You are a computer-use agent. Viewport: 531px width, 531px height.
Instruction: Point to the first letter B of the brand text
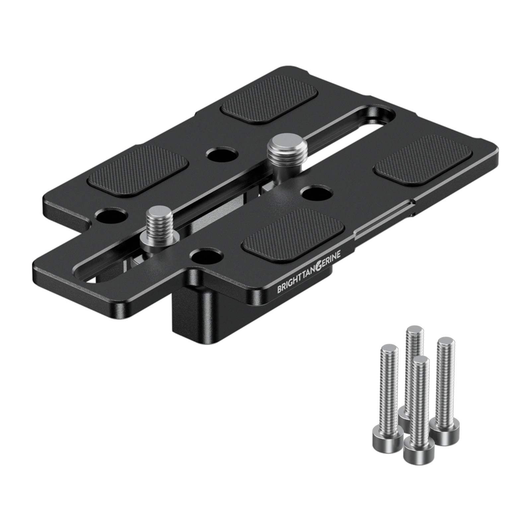click(279, 289)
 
